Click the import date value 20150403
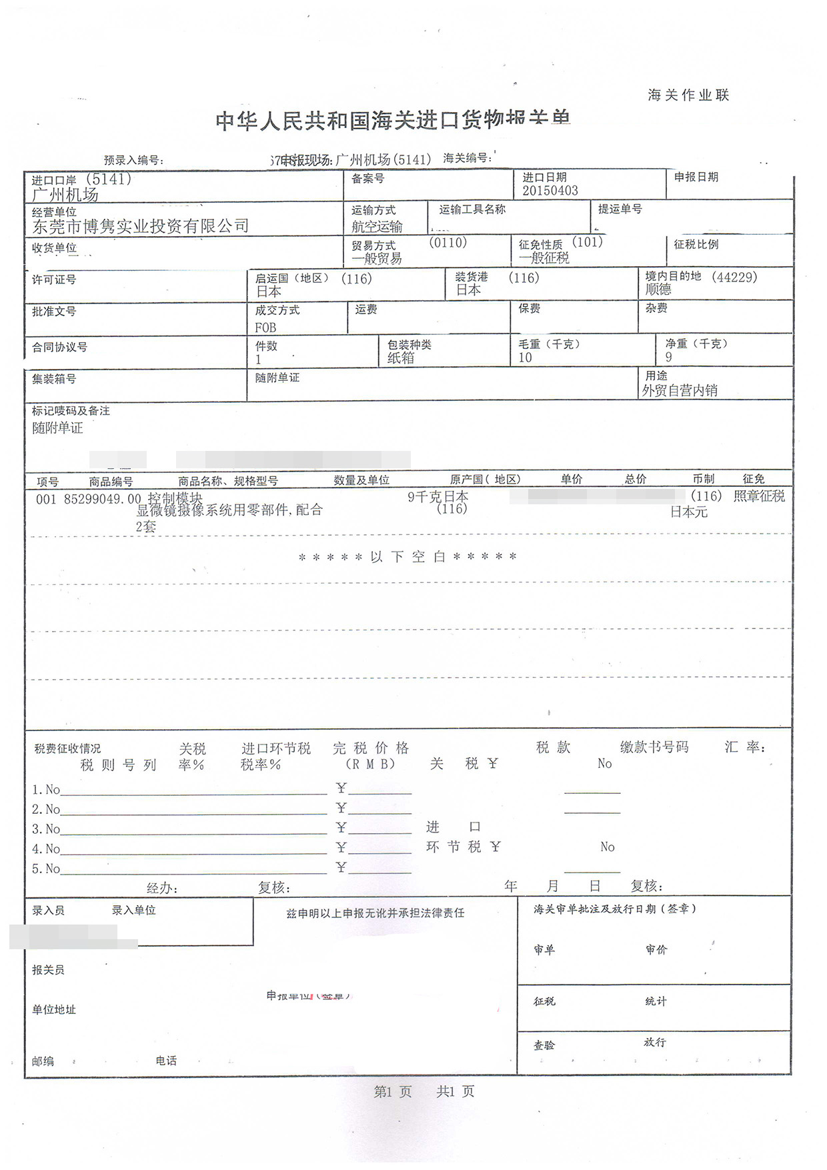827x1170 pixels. tap(550, 191)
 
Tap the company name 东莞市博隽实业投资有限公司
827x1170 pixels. tap(140, 227)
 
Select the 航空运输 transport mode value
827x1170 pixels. tap(377, 227)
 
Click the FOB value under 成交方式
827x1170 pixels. tap(265, 328)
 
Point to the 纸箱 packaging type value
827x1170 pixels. tap(401, 358)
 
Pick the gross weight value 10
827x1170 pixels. tap(526, 358)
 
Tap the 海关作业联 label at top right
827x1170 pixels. tap(688, 95)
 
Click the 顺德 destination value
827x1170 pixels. tap(658, 289)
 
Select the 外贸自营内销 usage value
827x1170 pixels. tap(680, 391)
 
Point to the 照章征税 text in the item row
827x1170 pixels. tap(759, 496)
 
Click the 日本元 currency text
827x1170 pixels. tap(689, 512)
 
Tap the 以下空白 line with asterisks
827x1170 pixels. tap(407, 557)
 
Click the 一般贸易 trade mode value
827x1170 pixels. tap(377, 259)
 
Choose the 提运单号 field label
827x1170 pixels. tap(620, 209)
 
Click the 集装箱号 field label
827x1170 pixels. tap(54, 379)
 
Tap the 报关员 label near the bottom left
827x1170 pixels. tap(48, 970)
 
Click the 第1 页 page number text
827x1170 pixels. tap(393, 1092)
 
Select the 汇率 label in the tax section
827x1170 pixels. tap(744, 748)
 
